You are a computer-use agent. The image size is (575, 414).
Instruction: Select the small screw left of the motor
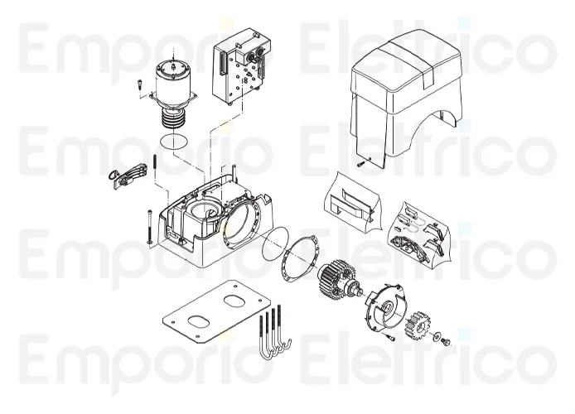pos(141,83)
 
